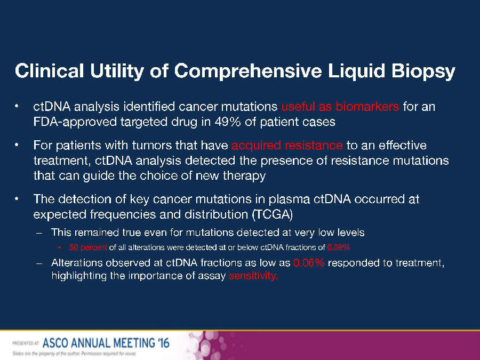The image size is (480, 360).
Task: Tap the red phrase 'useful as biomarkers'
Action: [x=340, y=107]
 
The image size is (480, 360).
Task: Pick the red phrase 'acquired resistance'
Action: [x=287, y=145]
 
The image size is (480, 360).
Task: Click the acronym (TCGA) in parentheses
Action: [x=273, y=214]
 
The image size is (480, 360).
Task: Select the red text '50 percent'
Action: [x=88, y=247]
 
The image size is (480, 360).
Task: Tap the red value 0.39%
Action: [x=339, y=247]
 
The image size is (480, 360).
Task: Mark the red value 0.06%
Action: [x=309, y=262]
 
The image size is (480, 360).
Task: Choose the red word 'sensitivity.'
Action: [x=253, y=276]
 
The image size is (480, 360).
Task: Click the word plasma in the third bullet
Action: [x=289, y=199]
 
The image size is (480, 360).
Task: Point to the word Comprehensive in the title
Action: [x=248, y=71]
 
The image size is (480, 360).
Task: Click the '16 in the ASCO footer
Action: [x=162, y=342]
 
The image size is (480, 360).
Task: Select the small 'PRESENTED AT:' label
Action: [x=26, y=343]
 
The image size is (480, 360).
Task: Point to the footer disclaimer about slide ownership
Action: [x=74, y=354]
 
